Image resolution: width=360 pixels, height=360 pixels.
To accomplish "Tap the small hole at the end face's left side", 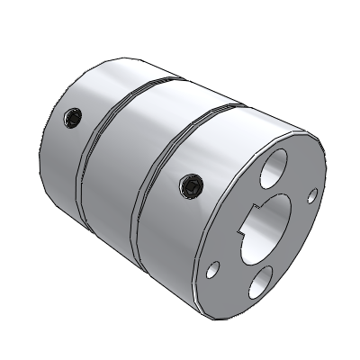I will point(213,267).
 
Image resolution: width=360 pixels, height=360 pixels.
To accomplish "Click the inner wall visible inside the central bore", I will point(281,216).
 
